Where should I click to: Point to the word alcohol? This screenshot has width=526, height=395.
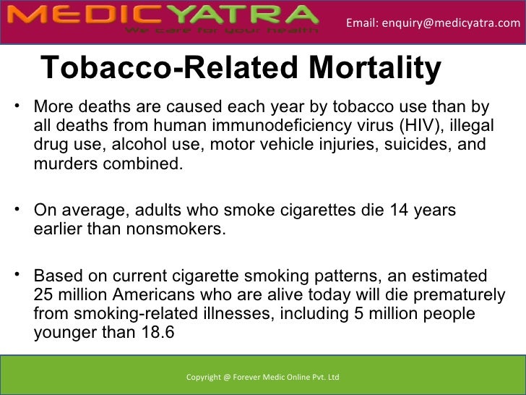point(138,144)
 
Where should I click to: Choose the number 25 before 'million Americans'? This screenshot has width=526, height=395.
point(44,295)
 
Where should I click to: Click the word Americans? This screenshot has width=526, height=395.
point(158,295)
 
